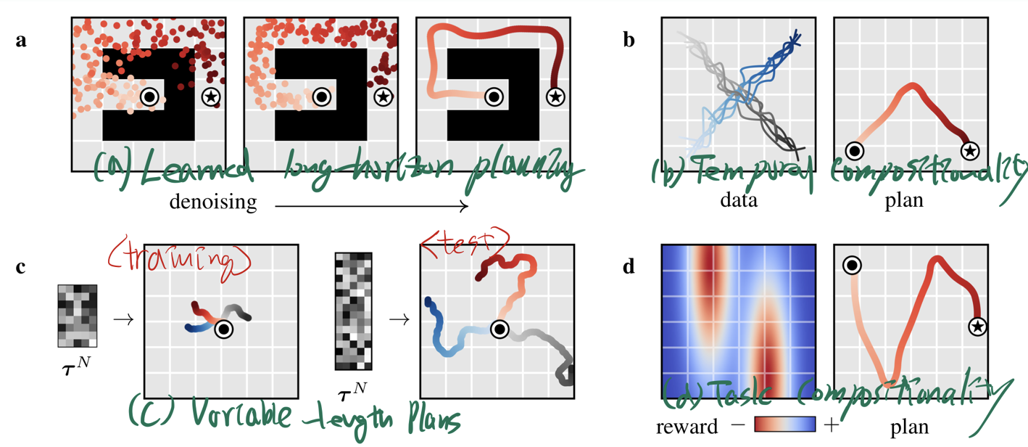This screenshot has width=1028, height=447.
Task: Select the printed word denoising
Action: [x=213, y=202]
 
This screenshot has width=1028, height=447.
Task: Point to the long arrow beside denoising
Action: [x=372, y=208]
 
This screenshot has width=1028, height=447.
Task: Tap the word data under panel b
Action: [x=738, y=200]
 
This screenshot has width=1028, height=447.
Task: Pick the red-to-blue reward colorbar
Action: [x=785, y=425]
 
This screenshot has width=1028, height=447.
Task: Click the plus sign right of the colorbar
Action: [x=832, y=425]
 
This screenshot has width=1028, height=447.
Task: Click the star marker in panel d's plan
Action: [x=978, y=328]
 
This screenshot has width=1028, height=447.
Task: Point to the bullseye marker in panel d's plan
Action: [x=853, y=266]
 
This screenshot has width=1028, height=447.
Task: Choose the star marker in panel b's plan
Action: [x=970, y=151]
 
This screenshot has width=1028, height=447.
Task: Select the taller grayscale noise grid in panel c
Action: [x=353, y=311]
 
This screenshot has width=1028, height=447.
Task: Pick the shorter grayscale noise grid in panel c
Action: [x=77, y=316]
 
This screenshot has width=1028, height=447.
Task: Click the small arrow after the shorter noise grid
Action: [x=124, y=319]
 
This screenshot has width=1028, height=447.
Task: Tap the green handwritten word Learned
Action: [x=194, y=171]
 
